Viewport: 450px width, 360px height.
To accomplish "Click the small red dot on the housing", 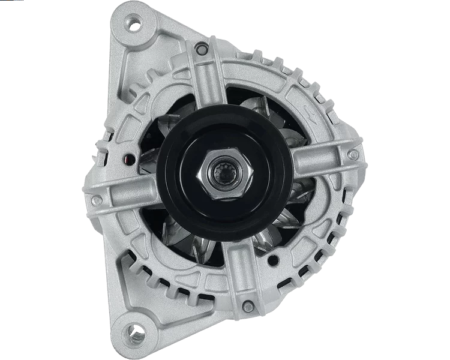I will pos(127,160).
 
